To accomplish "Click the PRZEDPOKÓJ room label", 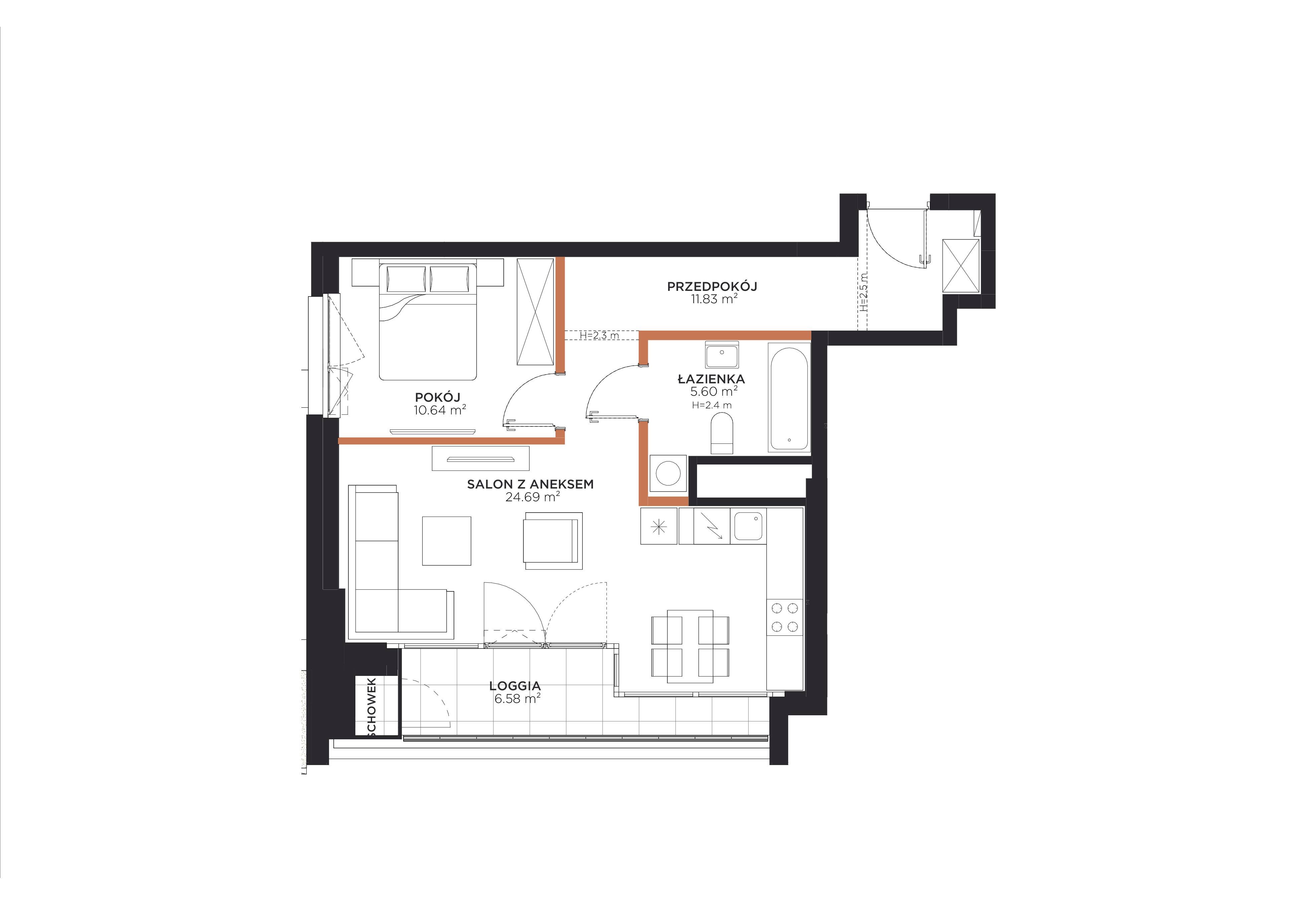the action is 712,286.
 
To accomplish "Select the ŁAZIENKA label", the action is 711,379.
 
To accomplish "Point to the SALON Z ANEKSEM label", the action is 530,484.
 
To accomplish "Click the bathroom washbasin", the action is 722,355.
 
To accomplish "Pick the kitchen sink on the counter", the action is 748,526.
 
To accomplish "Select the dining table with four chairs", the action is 690,646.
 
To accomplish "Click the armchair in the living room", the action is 553,540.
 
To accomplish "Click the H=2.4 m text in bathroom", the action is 711,405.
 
